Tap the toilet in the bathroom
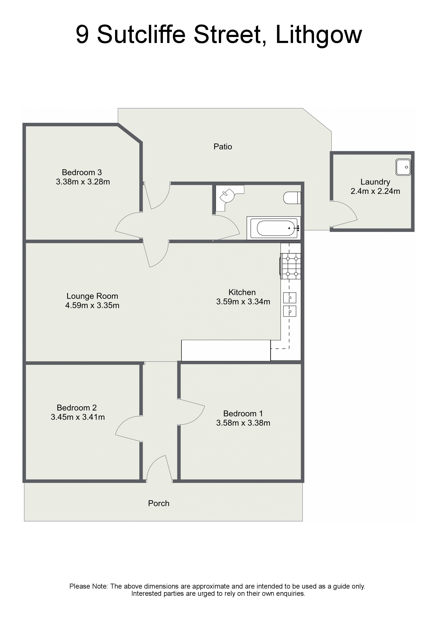click(x=292, y=198)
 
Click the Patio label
click(x=223, y=147)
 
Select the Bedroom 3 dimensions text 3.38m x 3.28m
click(x=83, y=182)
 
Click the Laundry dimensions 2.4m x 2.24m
click(x=375, y=191)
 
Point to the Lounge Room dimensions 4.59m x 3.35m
click(x=92, y=305)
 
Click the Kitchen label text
click(x=242, y=292)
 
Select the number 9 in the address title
click(x=82, y=35)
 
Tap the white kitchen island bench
click(x=226, y=350)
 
